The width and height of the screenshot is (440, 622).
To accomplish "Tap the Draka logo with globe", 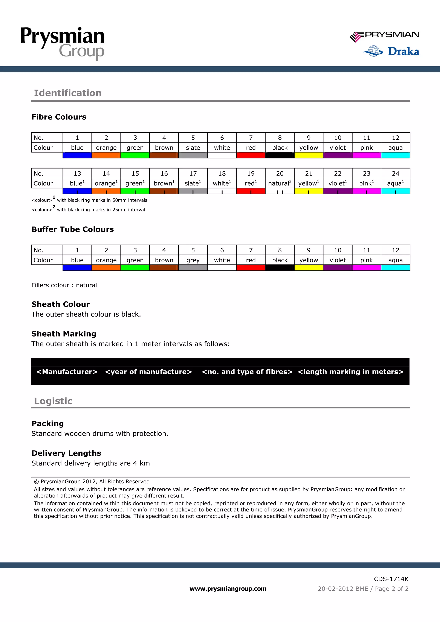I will click(x=391, y=51).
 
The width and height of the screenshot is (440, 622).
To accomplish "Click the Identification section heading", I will click(x=68, y=93).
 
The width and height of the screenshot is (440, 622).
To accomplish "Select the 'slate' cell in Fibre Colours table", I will click(x=193, y=148).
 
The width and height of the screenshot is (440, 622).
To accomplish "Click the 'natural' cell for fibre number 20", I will click(x=280, y=184).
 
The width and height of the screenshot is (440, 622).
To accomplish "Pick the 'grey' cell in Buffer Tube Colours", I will click(x=193, y=260).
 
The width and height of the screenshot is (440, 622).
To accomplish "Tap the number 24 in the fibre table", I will click(x=395, y=173).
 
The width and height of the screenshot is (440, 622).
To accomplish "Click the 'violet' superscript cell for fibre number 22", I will click(x=338, y=184).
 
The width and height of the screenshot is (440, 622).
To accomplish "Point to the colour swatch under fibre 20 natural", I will click(x=280, y=191).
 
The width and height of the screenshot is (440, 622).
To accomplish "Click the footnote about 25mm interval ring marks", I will click(x=88, y=209).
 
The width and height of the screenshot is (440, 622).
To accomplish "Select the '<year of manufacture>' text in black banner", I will click(x=148, y=372).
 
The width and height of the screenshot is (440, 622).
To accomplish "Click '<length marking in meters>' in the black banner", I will click(x=351, y=372).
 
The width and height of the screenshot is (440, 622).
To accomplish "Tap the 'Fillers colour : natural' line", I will click(x=64, y=285).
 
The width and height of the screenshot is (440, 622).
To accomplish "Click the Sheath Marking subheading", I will click(x=64, y=334).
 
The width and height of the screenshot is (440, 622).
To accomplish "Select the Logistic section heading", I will click(x=53, y=401).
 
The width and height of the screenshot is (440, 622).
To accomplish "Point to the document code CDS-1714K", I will click(x=391, y=579).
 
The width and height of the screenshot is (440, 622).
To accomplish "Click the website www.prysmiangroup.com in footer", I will click(x=228, y=589).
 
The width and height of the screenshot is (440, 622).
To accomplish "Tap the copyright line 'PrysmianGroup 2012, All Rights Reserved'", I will click(x=92, y=481).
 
